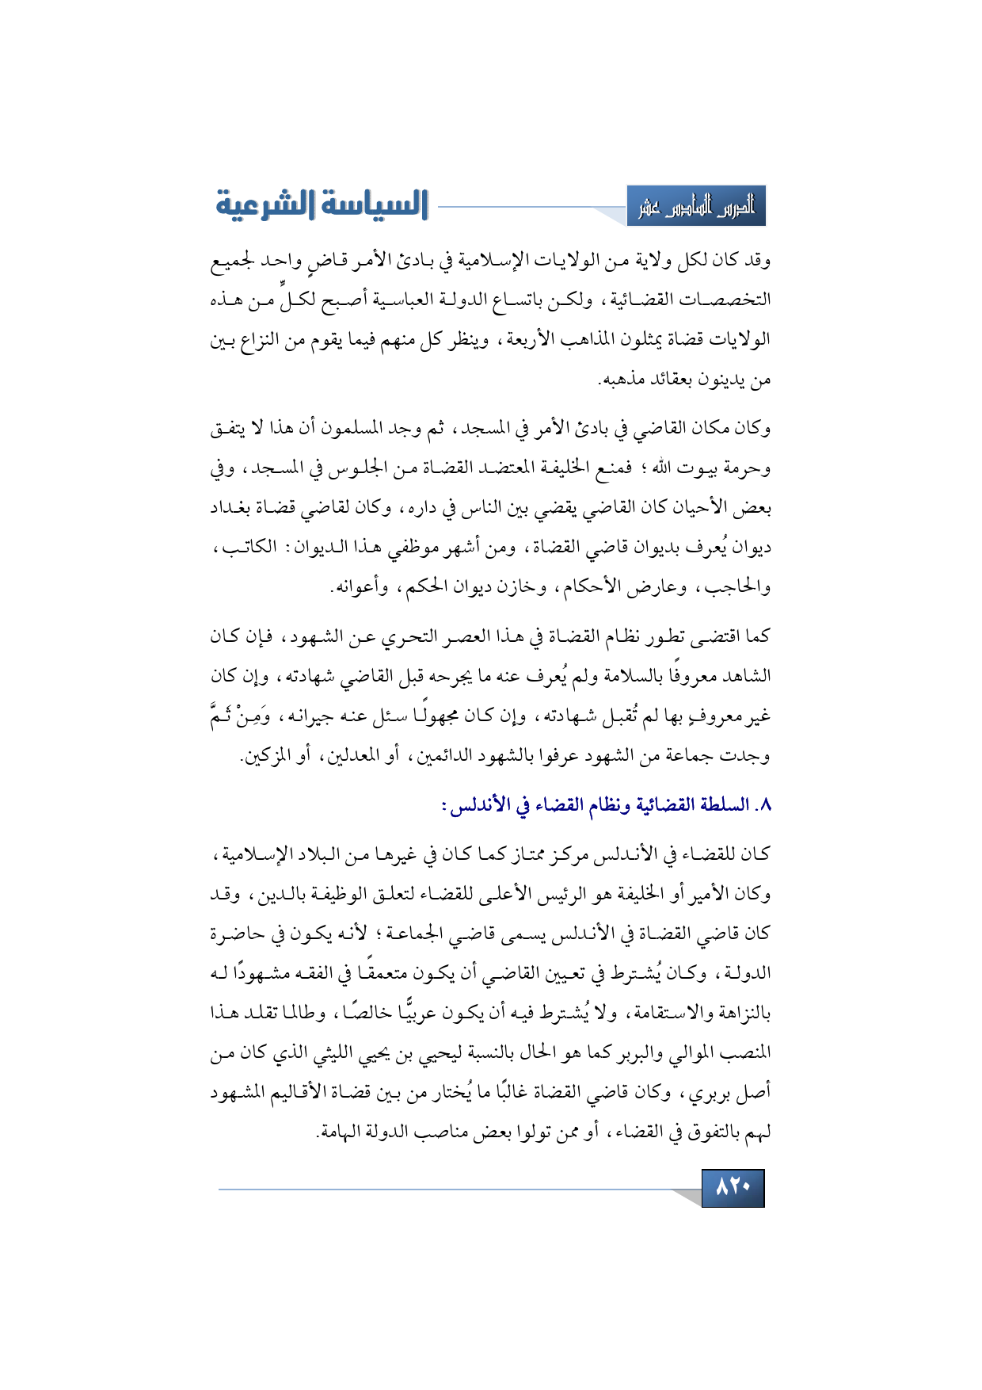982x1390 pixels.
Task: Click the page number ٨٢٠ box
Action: pos(733,1188)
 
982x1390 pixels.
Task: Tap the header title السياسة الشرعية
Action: pos(322,204)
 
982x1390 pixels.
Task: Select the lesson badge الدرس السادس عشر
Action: pos(696,207)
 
